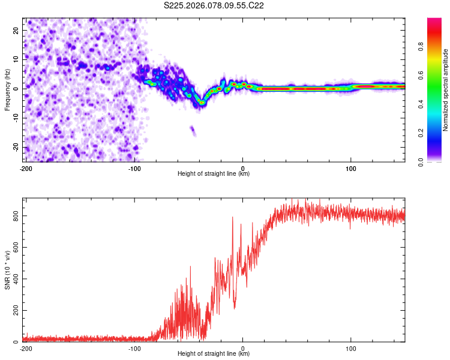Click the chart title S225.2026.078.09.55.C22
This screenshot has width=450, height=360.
pyautogui.click(x=214, y=5)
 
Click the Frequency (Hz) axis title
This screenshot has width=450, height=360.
pyautogui.click(x=8, y=89)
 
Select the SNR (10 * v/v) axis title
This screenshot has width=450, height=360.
pyautogui.click(x=8, y=271)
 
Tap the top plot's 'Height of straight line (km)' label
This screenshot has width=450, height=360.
pyautogui.click(x=214, y=174)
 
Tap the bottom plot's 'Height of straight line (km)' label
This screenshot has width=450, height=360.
pyautogui.click(x=214, y=354)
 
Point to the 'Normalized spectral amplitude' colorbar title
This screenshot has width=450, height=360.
pyautogui.click(x=446, y=90)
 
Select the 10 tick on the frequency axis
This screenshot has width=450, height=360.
pyautogui.click(x=16, y=59)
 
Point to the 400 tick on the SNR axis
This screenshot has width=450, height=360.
pyautogui.click(x=16, y=279)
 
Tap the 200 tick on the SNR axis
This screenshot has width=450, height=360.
pyautogui.click(x=16, y=310)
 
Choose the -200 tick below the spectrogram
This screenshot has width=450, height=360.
pyautogui.click(x=26, y=168)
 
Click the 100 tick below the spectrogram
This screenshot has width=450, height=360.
pyautogui.click(x=351, y=168)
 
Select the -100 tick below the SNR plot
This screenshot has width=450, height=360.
pyautogui.click(x=134, y=348)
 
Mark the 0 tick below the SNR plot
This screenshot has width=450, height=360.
pyautogui.click(x=243, y=348)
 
